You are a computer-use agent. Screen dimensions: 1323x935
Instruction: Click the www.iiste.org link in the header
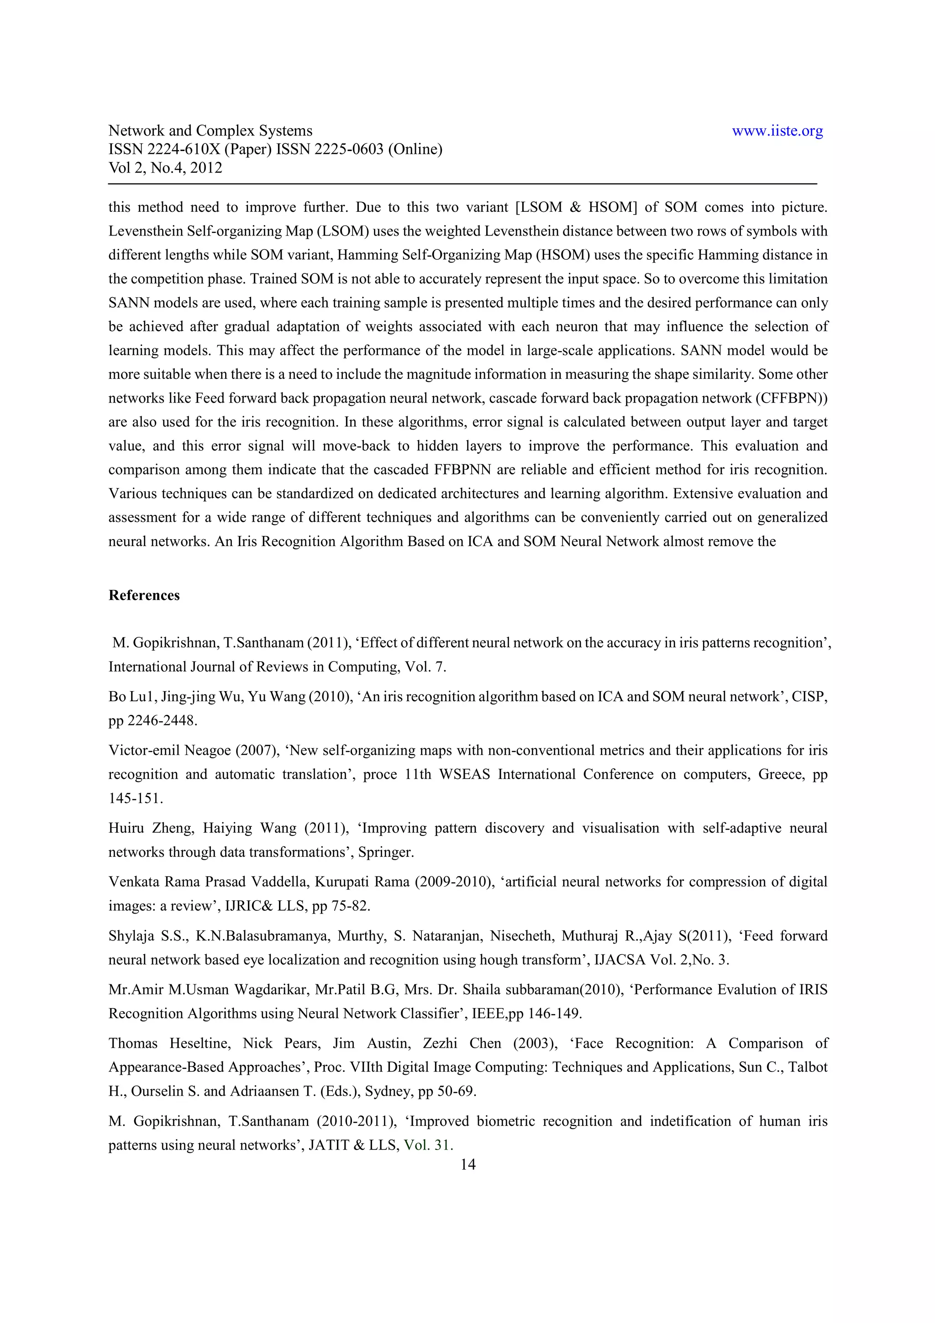777,131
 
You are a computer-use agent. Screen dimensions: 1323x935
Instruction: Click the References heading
144,595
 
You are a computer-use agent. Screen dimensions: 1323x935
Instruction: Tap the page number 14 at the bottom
468,1165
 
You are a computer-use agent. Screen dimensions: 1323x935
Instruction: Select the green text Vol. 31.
428,1145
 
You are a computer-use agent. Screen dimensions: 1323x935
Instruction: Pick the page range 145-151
136,798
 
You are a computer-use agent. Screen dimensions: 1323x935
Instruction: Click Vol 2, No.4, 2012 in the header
165,168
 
